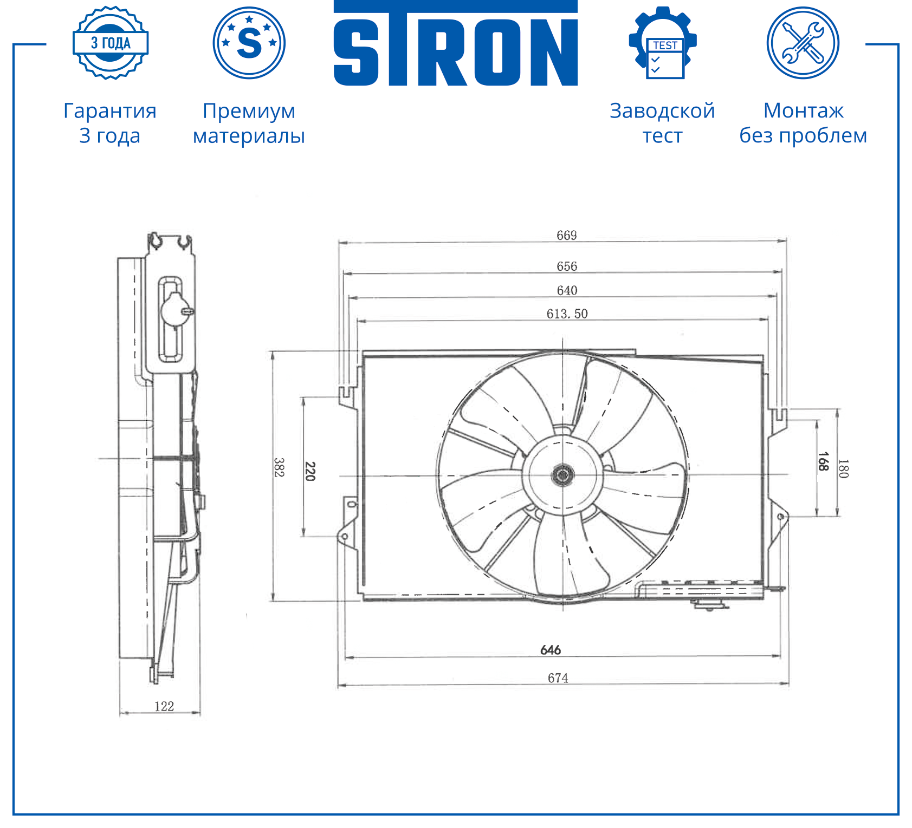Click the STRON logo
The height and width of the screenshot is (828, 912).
pos(455,43)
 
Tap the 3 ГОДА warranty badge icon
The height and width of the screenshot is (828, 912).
pos(111,43)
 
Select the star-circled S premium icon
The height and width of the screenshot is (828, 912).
pos(249,43)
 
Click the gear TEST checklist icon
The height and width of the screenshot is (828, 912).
pos(663,43)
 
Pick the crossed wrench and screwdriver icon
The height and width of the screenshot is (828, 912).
pos(803,43)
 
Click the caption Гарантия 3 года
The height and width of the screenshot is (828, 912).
pos(110,123)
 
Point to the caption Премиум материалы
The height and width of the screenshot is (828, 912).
pos(249,123)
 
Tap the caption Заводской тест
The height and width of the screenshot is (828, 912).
pos(662,123)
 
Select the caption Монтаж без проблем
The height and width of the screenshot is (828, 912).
pos(803,123)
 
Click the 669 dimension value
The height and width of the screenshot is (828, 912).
pos(567,235)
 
